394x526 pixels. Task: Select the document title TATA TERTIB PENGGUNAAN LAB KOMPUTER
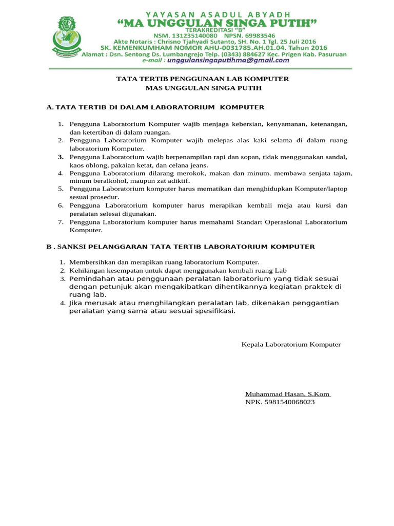click(203, 79)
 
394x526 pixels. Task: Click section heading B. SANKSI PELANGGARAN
click(181, 247)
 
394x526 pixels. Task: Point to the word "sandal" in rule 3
click(337, 157)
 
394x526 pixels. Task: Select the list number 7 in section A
click(60, 222)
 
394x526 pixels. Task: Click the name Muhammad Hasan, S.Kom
click(287, 394)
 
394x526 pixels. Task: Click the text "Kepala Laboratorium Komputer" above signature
click(291, 344)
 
